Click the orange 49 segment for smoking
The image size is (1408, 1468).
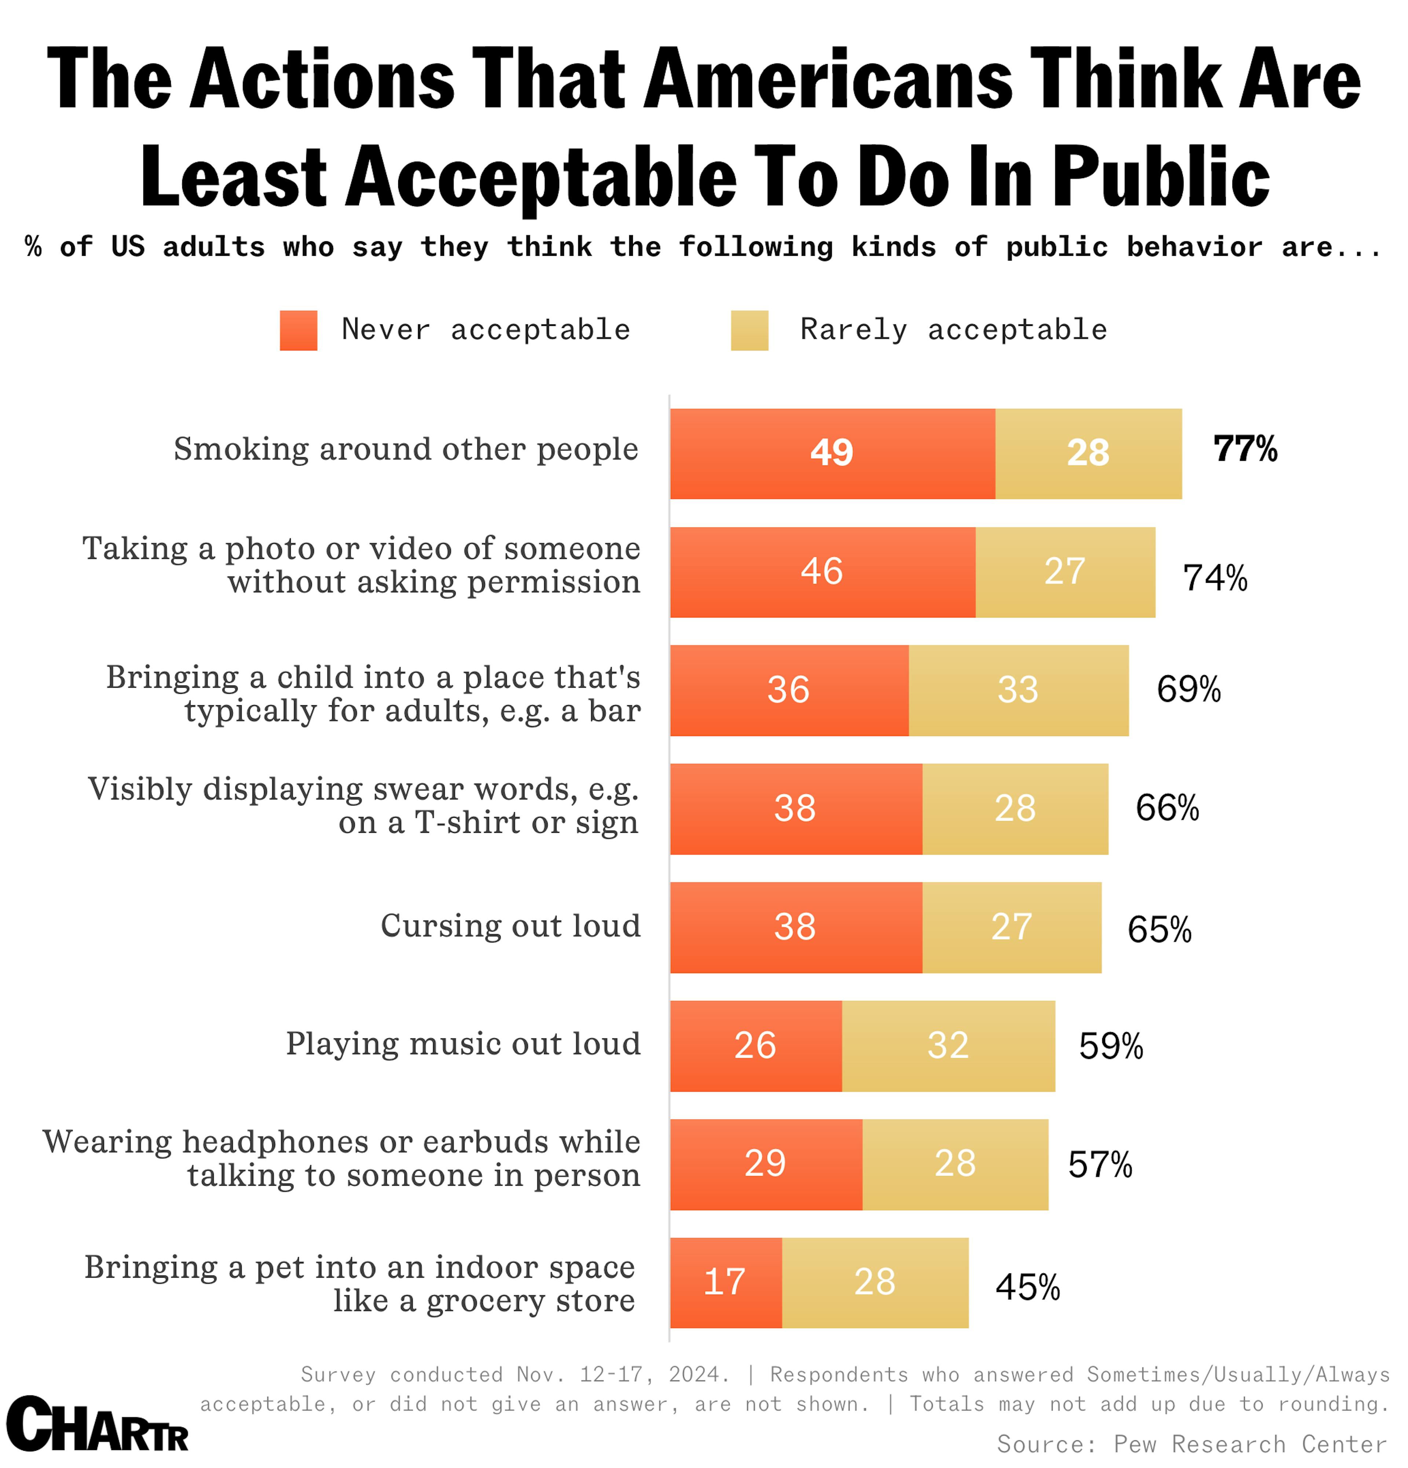pyautogui.click(x=832, y=453)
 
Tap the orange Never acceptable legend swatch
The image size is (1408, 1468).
pyautogui.click(x=298, y=330)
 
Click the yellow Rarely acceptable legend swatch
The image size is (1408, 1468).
pyautogui.click(x=749, y=330)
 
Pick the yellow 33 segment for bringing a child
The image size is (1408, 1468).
pyautogui.click(x=1017, y=690)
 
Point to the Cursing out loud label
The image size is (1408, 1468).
pyautogui.click(x=510, y=926)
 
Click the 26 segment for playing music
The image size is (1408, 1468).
pyautogui.click(x=755, y=1046)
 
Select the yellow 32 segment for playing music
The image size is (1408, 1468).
pyautogui.click(x=948, y=1046)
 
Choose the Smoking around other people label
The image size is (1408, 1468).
pyautogui.click(x=406, y=449)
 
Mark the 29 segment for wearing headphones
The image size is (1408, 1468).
pyautogui.click(x=765, y=1164)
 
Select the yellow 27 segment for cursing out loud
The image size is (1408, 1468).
pyautogui.click(x=1012, y=927)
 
